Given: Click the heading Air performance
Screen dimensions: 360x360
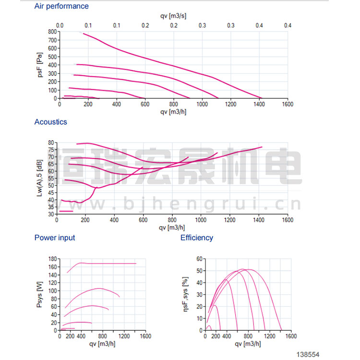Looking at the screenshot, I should point(61,6).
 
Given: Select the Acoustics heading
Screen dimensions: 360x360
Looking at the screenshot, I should point(51,122).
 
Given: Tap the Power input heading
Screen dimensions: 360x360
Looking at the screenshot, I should point(55,238).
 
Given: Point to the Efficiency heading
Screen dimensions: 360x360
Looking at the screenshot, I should point(197,238).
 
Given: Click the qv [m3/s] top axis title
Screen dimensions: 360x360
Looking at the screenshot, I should point(173,16).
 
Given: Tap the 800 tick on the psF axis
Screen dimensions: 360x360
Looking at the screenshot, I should point(52,32).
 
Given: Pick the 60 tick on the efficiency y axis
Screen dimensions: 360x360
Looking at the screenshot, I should point(199,258).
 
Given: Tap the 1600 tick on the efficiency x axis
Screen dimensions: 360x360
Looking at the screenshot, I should point(290,336).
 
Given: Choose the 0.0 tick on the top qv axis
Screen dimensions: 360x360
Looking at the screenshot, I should point(60,25).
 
